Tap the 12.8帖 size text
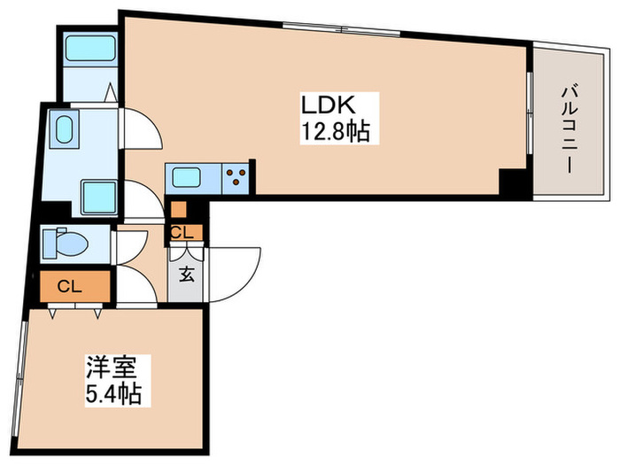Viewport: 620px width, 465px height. [x=335, y=133]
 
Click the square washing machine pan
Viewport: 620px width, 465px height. [x=95, y=194]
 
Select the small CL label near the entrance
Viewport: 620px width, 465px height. [x=183, y=233]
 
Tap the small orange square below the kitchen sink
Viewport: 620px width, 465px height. [x=178, y=210]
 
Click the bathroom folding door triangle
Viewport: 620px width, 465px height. [x=111, y=91]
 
